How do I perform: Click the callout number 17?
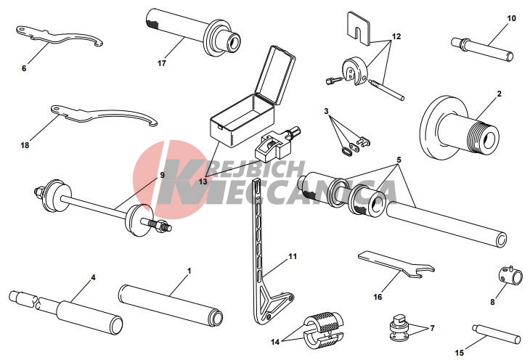click(162, 63)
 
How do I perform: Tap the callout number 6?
click(24, 68)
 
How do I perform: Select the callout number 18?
click(25, 145)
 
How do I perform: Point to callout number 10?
click(512, 18)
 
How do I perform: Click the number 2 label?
click(500, 94)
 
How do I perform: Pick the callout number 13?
click(203, 181)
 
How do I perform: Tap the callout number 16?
click(378, 297)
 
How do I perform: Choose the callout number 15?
click(460, 353)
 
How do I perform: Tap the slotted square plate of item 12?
click(359, 29)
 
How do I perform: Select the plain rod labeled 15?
click(496, 334)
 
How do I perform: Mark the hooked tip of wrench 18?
click(152, 123)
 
